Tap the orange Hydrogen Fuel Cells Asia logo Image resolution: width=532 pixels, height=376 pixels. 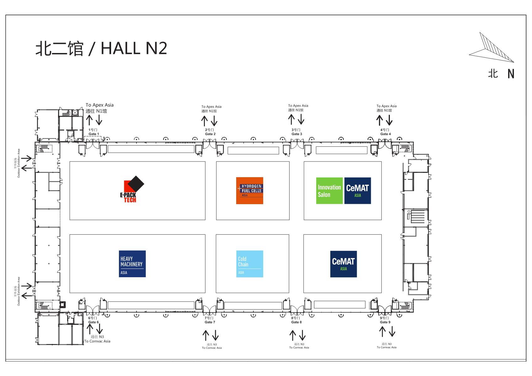tap(249, 191)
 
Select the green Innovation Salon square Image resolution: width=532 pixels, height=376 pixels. tap(329, 191)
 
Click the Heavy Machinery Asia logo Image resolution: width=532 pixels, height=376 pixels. tap(132, 264)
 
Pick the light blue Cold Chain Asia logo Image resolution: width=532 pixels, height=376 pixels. tap(249, 264)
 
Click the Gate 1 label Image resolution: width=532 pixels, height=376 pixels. tap(93, 134)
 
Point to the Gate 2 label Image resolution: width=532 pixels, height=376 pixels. tap(210, 134)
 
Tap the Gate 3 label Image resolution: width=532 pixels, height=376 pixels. tap(297, 134)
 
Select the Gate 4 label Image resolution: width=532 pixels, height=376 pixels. tap(385, 134)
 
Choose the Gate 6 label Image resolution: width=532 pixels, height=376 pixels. tap(93, 322)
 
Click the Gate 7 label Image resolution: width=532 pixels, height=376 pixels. tap(210, 322)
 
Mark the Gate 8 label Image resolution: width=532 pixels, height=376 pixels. tap(296, 322)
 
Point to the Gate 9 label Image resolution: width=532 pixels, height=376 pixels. tap(385, 322)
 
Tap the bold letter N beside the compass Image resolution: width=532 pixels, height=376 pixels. tap(511, 74)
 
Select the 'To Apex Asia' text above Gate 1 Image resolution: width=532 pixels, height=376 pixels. tap(99, 105)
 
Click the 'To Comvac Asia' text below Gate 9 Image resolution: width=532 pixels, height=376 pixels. tap(386, 347)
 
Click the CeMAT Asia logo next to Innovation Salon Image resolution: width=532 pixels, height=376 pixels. tap(357, 191)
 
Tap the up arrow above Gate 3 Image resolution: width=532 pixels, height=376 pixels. tap(291, 119)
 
